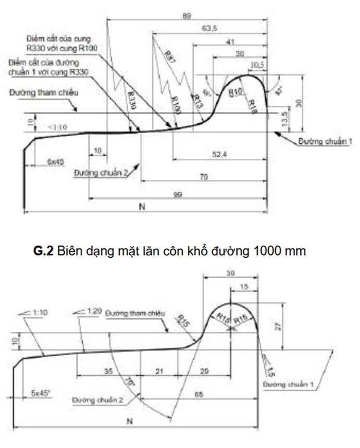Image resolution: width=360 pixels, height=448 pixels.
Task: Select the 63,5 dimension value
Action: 208,29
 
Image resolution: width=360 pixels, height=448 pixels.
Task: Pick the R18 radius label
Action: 254,103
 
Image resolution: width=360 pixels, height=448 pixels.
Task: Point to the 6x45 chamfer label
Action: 55,162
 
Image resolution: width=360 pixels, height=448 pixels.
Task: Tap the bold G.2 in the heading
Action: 44,251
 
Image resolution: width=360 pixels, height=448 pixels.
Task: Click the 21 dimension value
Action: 159,372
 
